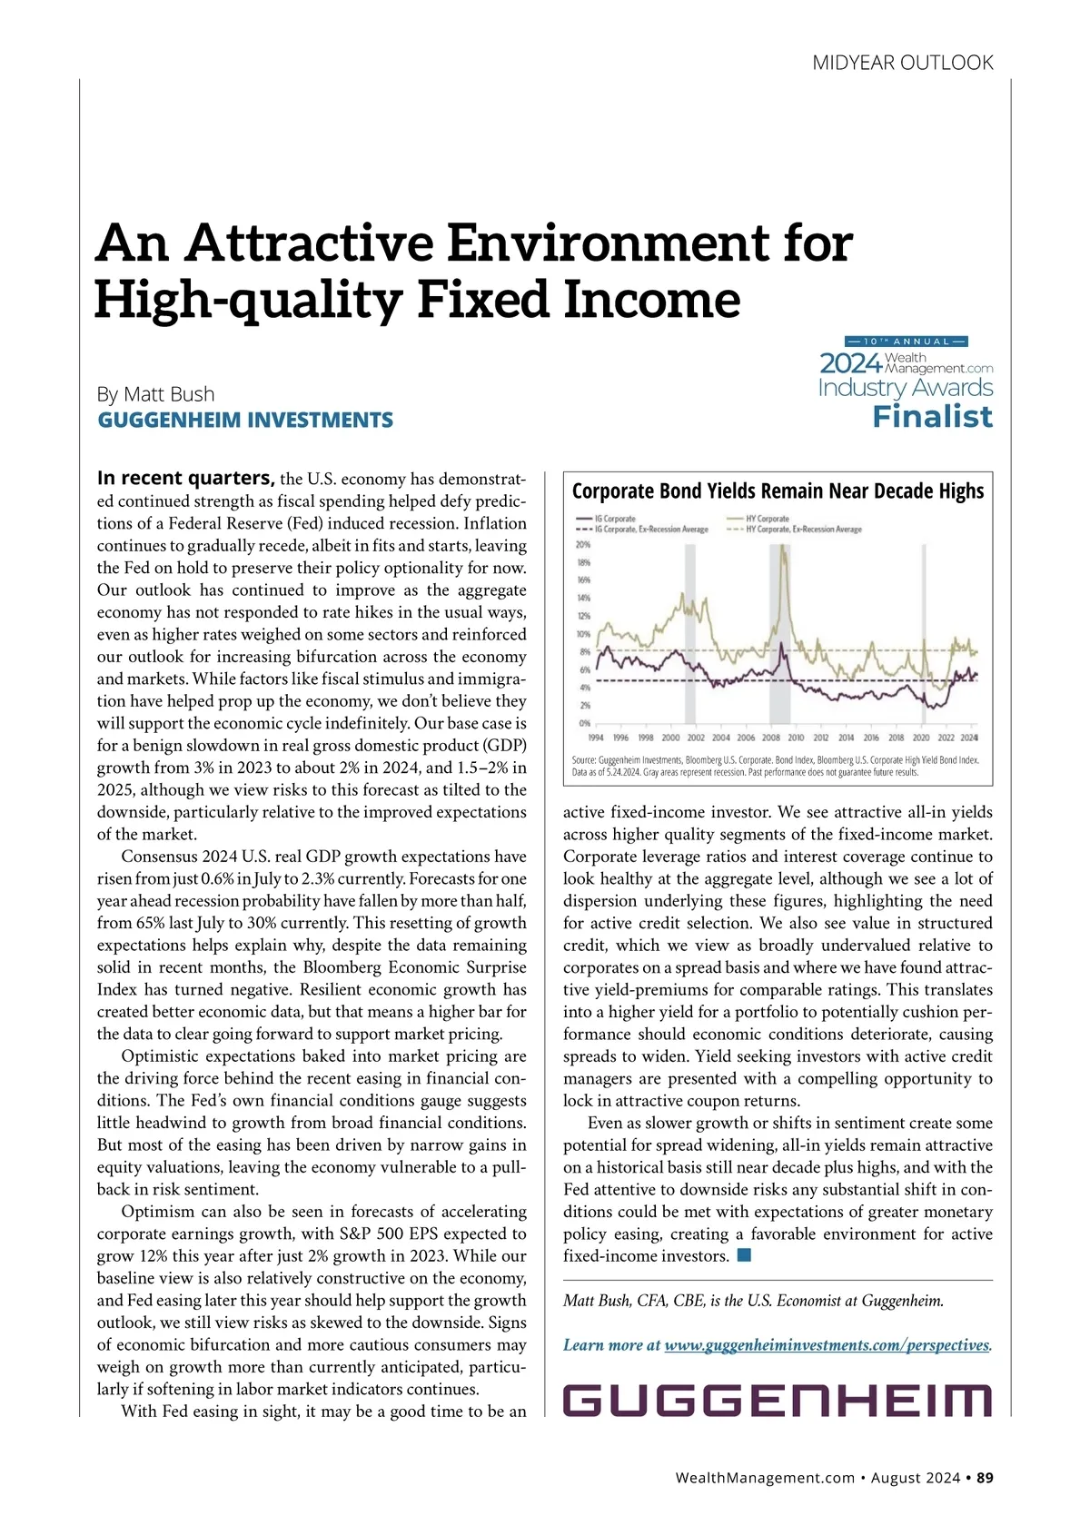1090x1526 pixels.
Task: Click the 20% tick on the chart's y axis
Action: click(x=582, y=545)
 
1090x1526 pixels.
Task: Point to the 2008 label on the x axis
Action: click(x=771, y=738)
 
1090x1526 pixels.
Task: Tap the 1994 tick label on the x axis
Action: click(x=596, y=738)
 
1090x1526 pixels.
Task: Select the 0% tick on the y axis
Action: click(x=584, y=723)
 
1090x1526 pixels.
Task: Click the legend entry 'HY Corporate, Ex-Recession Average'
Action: click(x=803, y=530)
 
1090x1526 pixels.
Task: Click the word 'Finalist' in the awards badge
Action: click(x=932, y=417)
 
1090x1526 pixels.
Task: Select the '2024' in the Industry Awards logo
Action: click(x=850, y=363)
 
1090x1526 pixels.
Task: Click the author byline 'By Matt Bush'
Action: click(x=156, y=394)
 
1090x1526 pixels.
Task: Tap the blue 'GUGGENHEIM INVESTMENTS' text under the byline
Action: click(x=245, y=421)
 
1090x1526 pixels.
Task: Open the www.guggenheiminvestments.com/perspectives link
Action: click(x=826, y=1345)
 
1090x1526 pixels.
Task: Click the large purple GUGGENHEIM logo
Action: click(x=778, y=1401)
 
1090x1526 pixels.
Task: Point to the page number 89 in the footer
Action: click(x=985, y=1478)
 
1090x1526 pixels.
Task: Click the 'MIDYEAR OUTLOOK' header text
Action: click(x=902, y=63)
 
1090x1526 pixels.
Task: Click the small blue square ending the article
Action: click(x=744, y=1255)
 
